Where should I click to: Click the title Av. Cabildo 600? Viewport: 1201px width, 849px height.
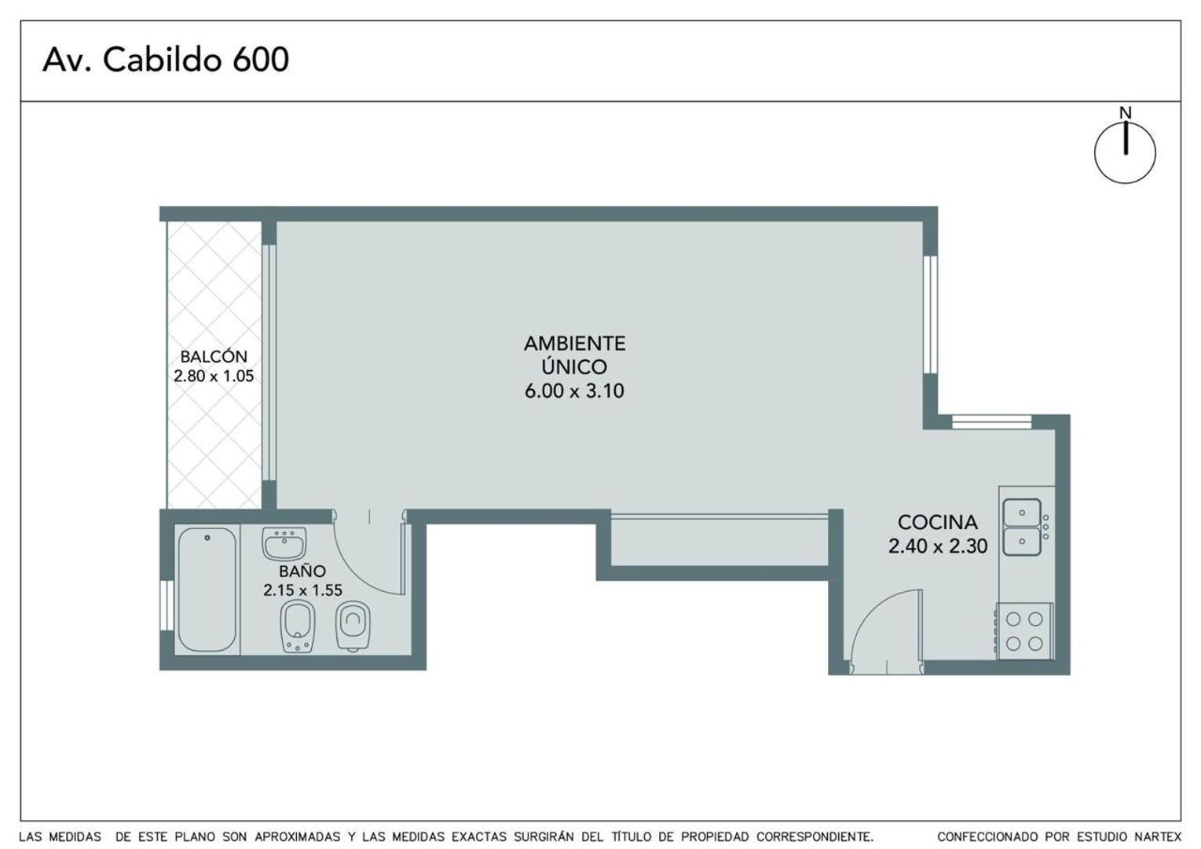click(x=166, y=59)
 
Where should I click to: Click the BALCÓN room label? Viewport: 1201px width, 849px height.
click(x=214, y=356)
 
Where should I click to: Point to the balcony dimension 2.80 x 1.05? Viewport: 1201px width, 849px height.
click(x=214, y=376)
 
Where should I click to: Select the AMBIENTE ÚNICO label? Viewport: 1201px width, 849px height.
click(x=575, y=355)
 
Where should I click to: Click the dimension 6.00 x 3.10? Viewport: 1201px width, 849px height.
click(x=574, y=391)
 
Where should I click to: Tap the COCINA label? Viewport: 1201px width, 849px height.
click(x=938, y=522)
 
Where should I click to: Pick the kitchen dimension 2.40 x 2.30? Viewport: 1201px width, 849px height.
click(x=938, y=546)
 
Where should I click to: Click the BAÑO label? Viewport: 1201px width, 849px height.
click(x=302, y=571)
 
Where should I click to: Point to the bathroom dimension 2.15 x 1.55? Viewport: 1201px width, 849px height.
click(x=302, y=590)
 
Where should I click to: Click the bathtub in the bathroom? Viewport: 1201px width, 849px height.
click(x=207, y=590)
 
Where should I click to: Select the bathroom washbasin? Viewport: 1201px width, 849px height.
click(x=284, y=543)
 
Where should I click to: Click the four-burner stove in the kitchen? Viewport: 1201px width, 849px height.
click(x=1024, y=631)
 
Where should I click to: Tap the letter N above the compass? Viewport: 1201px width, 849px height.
click(x=1126, y=112)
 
